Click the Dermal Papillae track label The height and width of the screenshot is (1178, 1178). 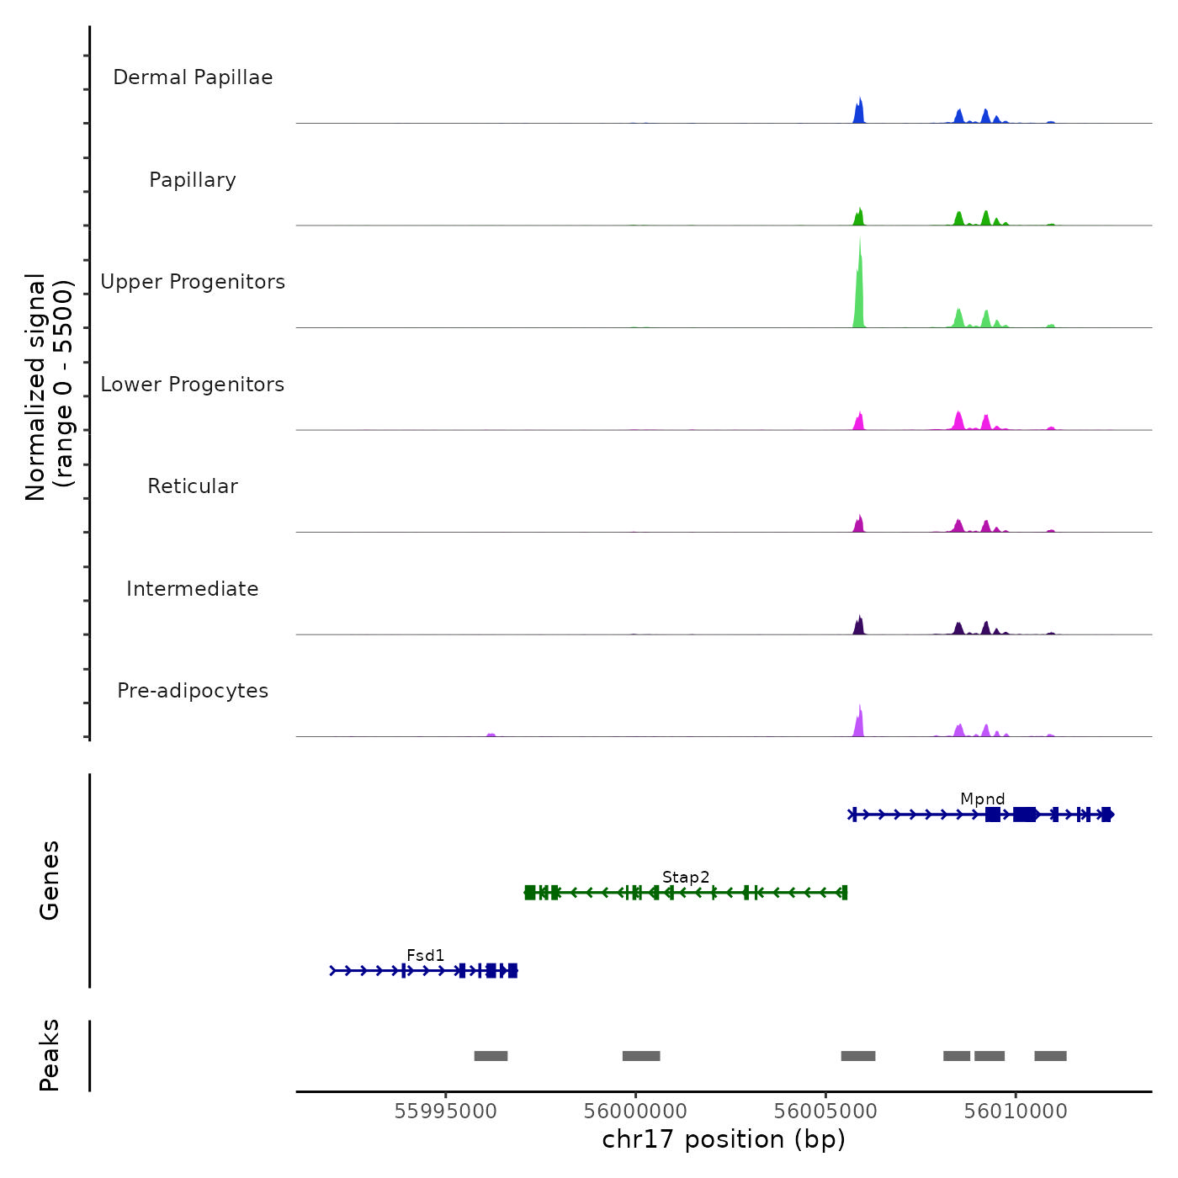pyautogui.click(x=193, y=77)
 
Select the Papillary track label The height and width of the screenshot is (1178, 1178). pyautogui.click(x=193, y=180)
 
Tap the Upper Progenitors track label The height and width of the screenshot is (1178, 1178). pyautogui.click(x=193, y=282)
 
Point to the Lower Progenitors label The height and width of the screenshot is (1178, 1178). pyautogui.click(x=193, y=385)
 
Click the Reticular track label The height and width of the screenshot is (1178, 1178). pyautogui.click(x=193, y=486)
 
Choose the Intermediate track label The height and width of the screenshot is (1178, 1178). pyautogui.click(x=193, y=589)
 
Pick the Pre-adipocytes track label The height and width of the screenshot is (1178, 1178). pyautogui.click(x=193, y=691)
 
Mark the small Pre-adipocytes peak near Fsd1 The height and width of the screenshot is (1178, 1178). pyautogui.click(x=491, y=735)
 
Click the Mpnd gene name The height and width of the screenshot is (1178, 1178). pyautogui.click(x=983, y=799)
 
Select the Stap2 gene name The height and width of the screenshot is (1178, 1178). pyautogui.click(x=686, y=877)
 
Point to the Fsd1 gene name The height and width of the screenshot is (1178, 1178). pyautogui.click(x=425, y=955)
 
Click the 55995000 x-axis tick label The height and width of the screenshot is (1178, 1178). pyautogui.click(x=446, y=1112)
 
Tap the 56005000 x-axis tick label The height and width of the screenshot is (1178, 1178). pyautogui.click(x=825, y=1112)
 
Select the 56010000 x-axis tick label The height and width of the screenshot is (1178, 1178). pyautogui.click(x=1016, y=1112)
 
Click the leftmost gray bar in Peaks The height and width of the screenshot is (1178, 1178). pyautogui.click(x=491, y=1056)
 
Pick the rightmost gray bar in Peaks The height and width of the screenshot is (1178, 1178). pyautogui.click(x=1050, y=1056)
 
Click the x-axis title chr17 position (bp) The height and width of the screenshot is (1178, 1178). pyautogui.click(x=724, y=1139)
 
